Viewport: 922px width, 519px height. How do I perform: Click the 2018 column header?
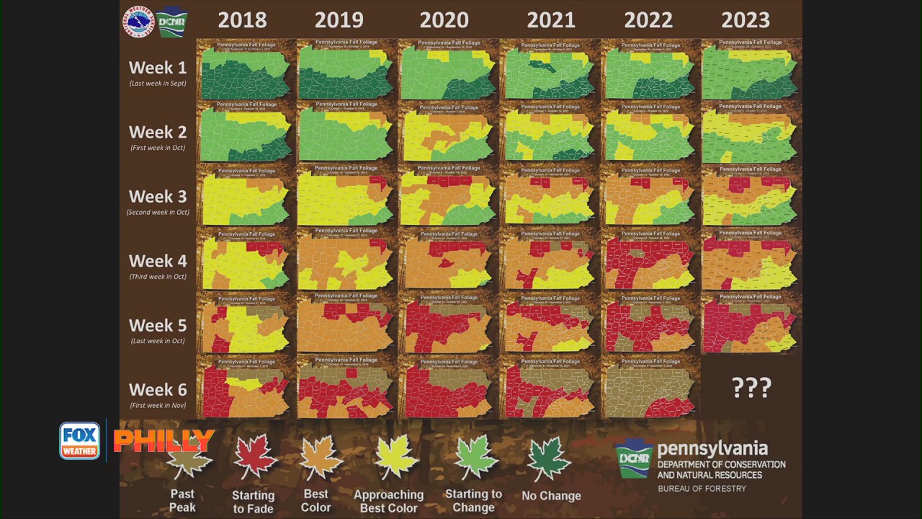(x=242, y=19)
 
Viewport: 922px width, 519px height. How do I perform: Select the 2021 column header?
(x=551, y=19)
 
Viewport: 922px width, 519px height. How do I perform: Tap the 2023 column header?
(x=746, y=19)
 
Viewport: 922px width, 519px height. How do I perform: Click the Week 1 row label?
(x=157, y=68)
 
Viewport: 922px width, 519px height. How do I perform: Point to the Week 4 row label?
(x=157, y=262)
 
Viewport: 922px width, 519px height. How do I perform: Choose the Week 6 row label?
(x=157, y=391)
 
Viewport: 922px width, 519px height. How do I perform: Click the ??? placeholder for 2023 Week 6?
(x=751, y=388)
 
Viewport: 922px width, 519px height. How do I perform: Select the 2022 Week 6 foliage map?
(x=650, y=388)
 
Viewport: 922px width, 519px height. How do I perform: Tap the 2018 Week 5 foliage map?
(x=246, y=324)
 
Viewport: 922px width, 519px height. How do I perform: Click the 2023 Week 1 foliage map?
(x=751, y=70)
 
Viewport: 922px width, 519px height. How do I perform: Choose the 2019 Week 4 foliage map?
(x=346, y=260)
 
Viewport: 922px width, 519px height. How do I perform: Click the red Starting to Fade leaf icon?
(x=254, y=456)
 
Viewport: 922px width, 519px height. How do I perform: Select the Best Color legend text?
(x=315, y=500)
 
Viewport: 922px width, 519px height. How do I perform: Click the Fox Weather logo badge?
(x=79, y=440)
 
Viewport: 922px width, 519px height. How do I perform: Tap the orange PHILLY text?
(x=164, y=440)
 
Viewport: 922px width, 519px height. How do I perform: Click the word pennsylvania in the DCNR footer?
(x=712, y=450)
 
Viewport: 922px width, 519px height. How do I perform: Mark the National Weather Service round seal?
(x=138, y=21)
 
